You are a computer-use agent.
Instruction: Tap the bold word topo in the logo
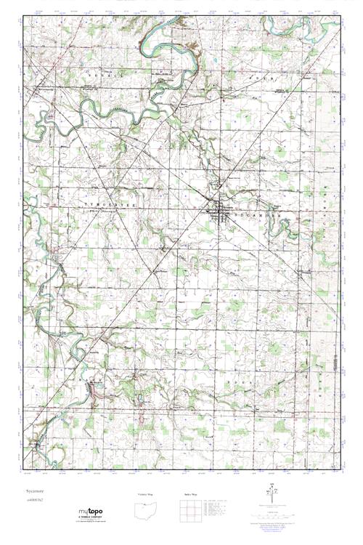coord(97,511)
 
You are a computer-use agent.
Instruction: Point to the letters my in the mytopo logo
coord(84,511)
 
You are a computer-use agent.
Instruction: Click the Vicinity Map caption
coord(146,494)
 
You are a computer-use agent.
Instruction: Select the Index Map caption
coord(191,494)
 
